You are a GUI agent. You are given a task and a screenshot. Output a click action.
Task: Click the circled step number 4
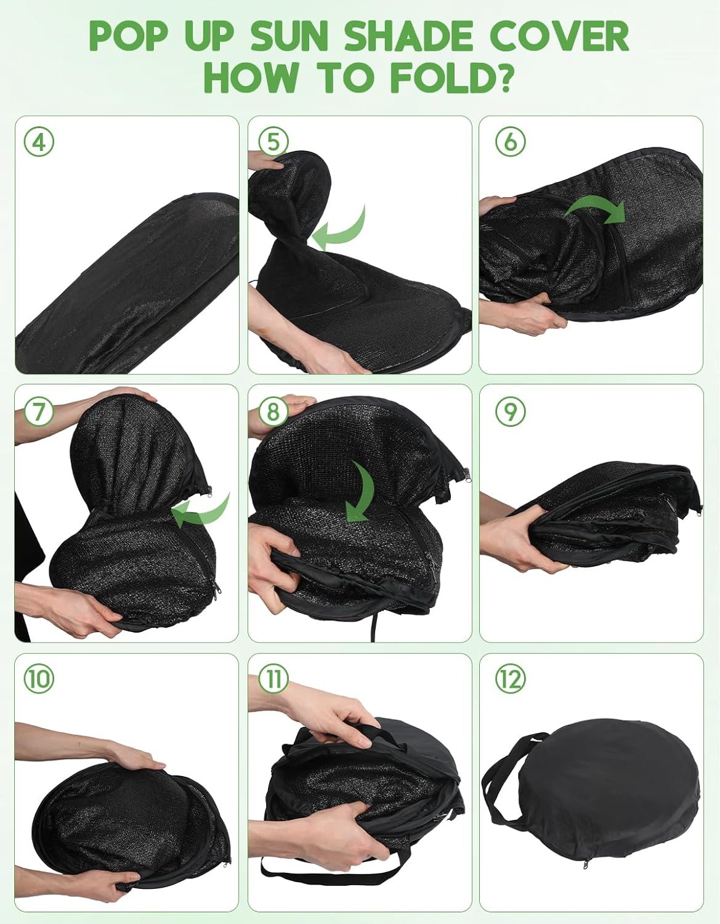pos(39,142)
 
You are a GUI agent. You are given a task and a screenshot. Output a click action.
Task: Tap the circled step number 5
pos(273,142)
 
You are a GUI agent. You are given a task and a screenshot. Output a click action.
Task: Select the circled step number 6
pos(511,142)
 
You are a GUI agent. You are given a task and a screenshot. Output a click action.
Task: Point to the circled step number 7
pos(39,411)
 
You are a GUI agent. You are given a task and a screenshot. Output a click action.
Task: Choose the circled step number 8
pos(272,411)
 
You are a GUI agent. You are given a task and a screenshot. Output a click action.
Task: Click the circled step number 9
pos(511,411)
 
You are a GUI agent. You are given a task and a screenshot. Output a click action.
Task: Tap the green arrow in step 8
pos(362,489)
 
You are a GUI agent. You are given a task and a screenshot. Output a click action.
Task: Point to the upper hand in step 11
pos(327,719)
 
